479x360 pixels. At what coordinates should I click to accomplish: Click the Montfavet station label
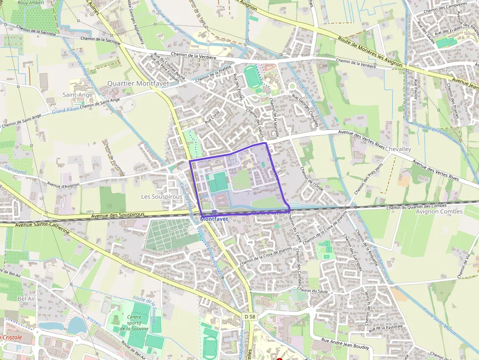click(x=214, y=219)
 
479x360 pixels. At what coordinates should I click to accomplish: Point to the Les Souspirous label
click(x=161, y=197)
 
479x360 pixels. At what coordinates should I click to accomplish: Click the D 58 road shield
click(x=249, y=317)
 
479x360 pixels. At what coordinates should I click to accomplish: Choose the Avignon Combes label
click(x=438, y=212)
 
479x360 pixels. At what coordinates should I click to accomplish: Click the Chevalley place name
click(x=398, y=148)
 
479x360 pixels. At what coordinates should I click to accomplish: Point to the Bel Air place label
click(x=26, y=298)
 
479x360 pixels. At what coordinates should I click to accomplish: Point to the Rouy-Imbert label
click(x=28, y=3)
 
